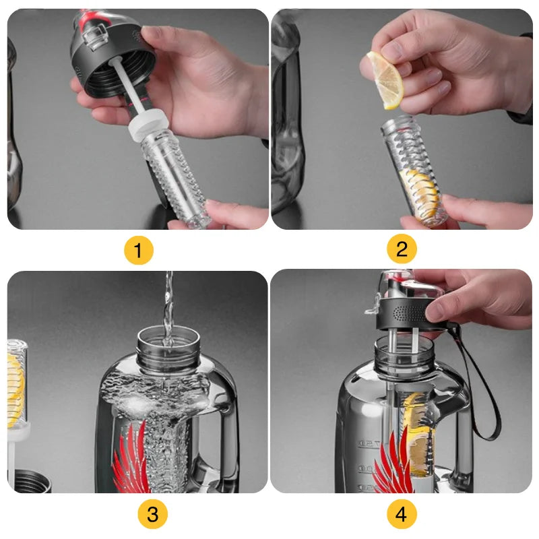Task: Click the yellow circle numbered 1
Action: point(138,251)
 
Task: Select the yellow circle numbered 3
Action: point(152,515)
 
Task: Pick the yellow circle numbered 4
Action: point(402,515)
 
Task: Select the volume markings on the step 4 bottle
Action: point(368,465)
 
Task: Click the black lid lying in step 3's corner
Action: point(30,482)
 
